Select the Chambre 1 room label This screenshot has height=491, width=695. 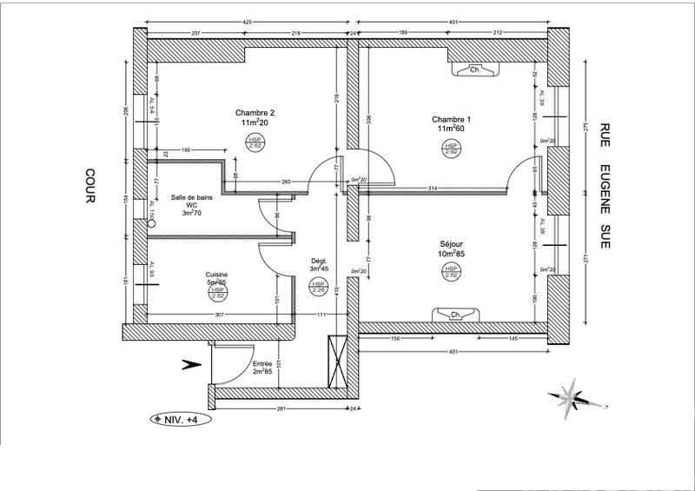coord(452,119)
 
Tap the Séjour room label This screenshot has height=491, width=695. coord(452,246)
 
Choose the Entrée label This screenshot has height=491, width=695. coord(262,364)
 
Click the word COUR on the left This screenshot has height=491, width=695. coord(89,186)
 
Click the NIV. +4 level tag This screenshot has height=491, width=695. coord(180,418)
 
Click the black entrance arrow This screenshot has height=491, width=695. coord(188,366)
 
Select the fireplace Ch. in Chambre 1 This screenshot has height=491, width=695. coord(474,70)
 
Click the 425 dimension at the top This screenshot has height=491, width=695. coord(248,21)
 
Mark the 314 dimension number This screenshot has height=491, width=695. coord(432,189)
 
